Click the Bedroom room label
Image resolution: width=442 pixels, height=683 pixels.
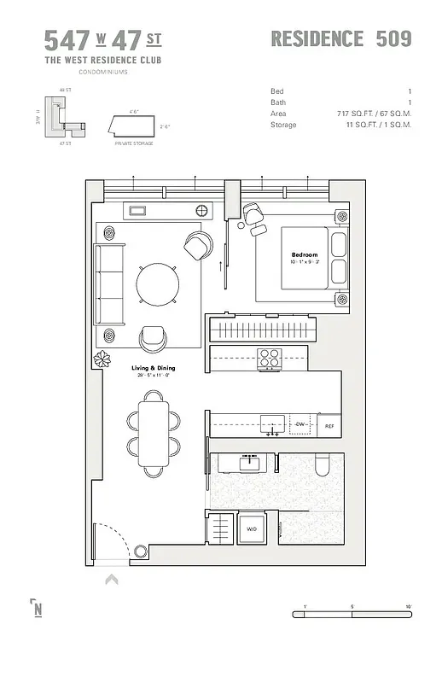[305, 254]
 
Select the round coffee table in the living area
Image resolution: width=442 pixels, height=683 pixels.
[158, 283]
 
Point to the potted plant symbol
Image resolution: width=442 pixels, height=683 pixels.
[104, 358]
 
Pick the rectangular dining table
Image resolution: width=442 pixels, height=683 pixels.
[155, 432]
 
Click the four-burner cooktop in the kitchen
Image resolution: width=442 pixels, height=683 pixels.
[270, 359]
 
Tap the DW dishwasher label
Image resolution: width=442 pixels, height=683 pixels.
[300, 424]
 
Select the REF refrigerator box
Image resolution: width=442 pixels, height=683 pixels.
[329, 425]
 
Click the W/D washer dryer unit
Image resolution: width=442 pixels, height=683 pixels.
[252, 528]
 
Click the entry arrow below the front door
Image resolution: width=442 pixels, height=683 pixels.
[111, 581]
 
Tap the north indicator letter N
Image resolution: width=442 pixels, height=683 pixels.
[38, 609]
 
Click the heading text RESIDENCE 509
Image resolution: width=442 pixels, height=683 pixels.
[340, 38]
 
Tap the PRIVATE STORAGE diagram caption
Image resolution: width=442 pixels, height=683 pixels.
[133, 144]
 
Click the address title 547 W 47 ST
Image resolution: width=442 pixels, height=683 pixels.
[102, 40]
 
